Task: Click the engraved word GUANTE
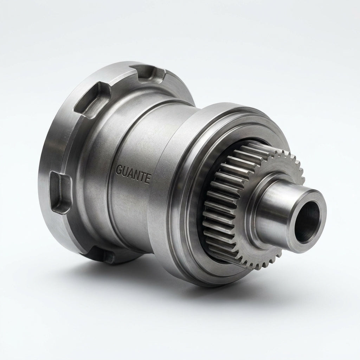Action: pyautogui.click(x=133, y=174)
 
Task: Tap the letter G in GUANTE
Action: pyautogui.click(x=119, y=171)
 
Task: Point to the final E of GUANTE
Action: pyautogui.click(x=148, y=178)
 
